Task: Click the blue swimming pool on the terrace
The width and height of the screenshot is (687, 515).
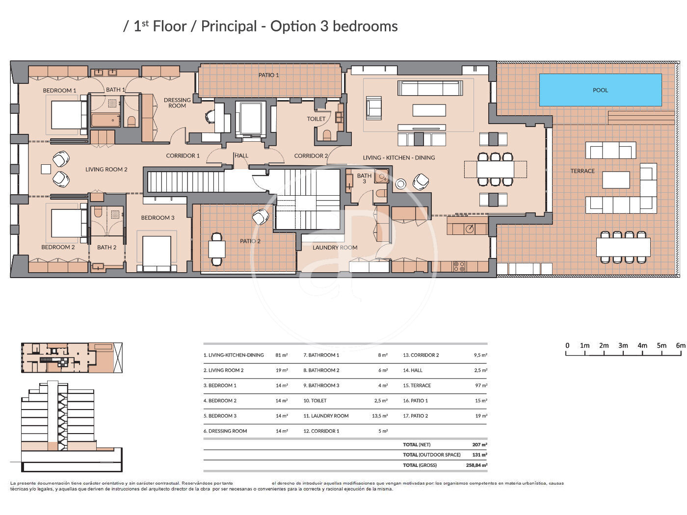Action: pos(600,90)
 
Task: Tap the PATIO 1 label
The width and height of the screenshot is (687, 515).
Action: pos(268,75)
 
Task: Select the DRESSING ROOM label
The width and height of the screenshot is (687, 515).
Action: pos(177,103)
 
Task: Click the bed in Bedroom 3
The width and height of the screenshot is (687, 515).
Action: pos(157,254)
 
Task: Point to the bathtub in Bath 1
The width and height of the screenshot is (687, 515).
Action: pos(106,120)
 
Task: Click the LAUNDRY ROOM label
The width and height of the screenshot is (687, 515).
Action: pos(335,248)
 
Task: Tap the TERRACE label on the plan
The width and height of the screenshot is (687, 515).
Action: pos(582,171)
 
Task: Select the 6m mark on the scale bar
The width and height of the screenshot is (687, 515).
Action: pos(681,345)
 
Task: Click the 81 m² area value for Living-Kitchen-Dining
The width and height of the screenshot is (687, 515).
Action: pos(281,355)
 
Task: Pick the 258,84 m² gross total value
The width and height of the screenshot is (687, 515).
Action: pos(476,465)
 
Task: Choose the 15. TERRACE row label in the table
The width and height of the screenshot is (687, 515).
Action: pos(417,386)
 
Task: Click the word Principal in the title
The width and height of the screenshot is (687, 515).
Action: pos(229,26)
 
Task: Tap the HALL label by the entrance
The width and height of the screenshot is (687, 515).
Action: pos(241,155)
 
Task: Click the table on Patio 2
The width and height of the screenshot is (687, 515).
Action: pos(216,249)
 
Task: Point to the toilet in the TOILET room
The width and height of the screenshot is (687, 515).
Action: pos(326,135)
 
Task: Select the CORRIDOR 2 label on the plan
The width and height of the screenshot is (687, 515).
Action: pos(311,155)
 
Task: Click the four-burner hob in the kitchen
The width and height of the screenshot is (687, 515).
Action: pos(459,266)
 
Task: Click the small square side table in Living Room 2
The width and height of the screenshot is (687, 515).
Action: pos(46,169)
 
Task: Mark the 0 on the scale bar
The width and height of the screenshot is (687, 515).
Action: pos(567,345)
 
